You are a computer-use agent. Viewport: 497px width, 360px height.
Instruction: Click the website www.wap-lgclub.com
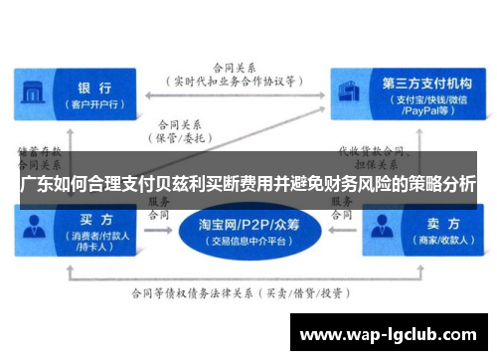[x=389, y=333]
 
